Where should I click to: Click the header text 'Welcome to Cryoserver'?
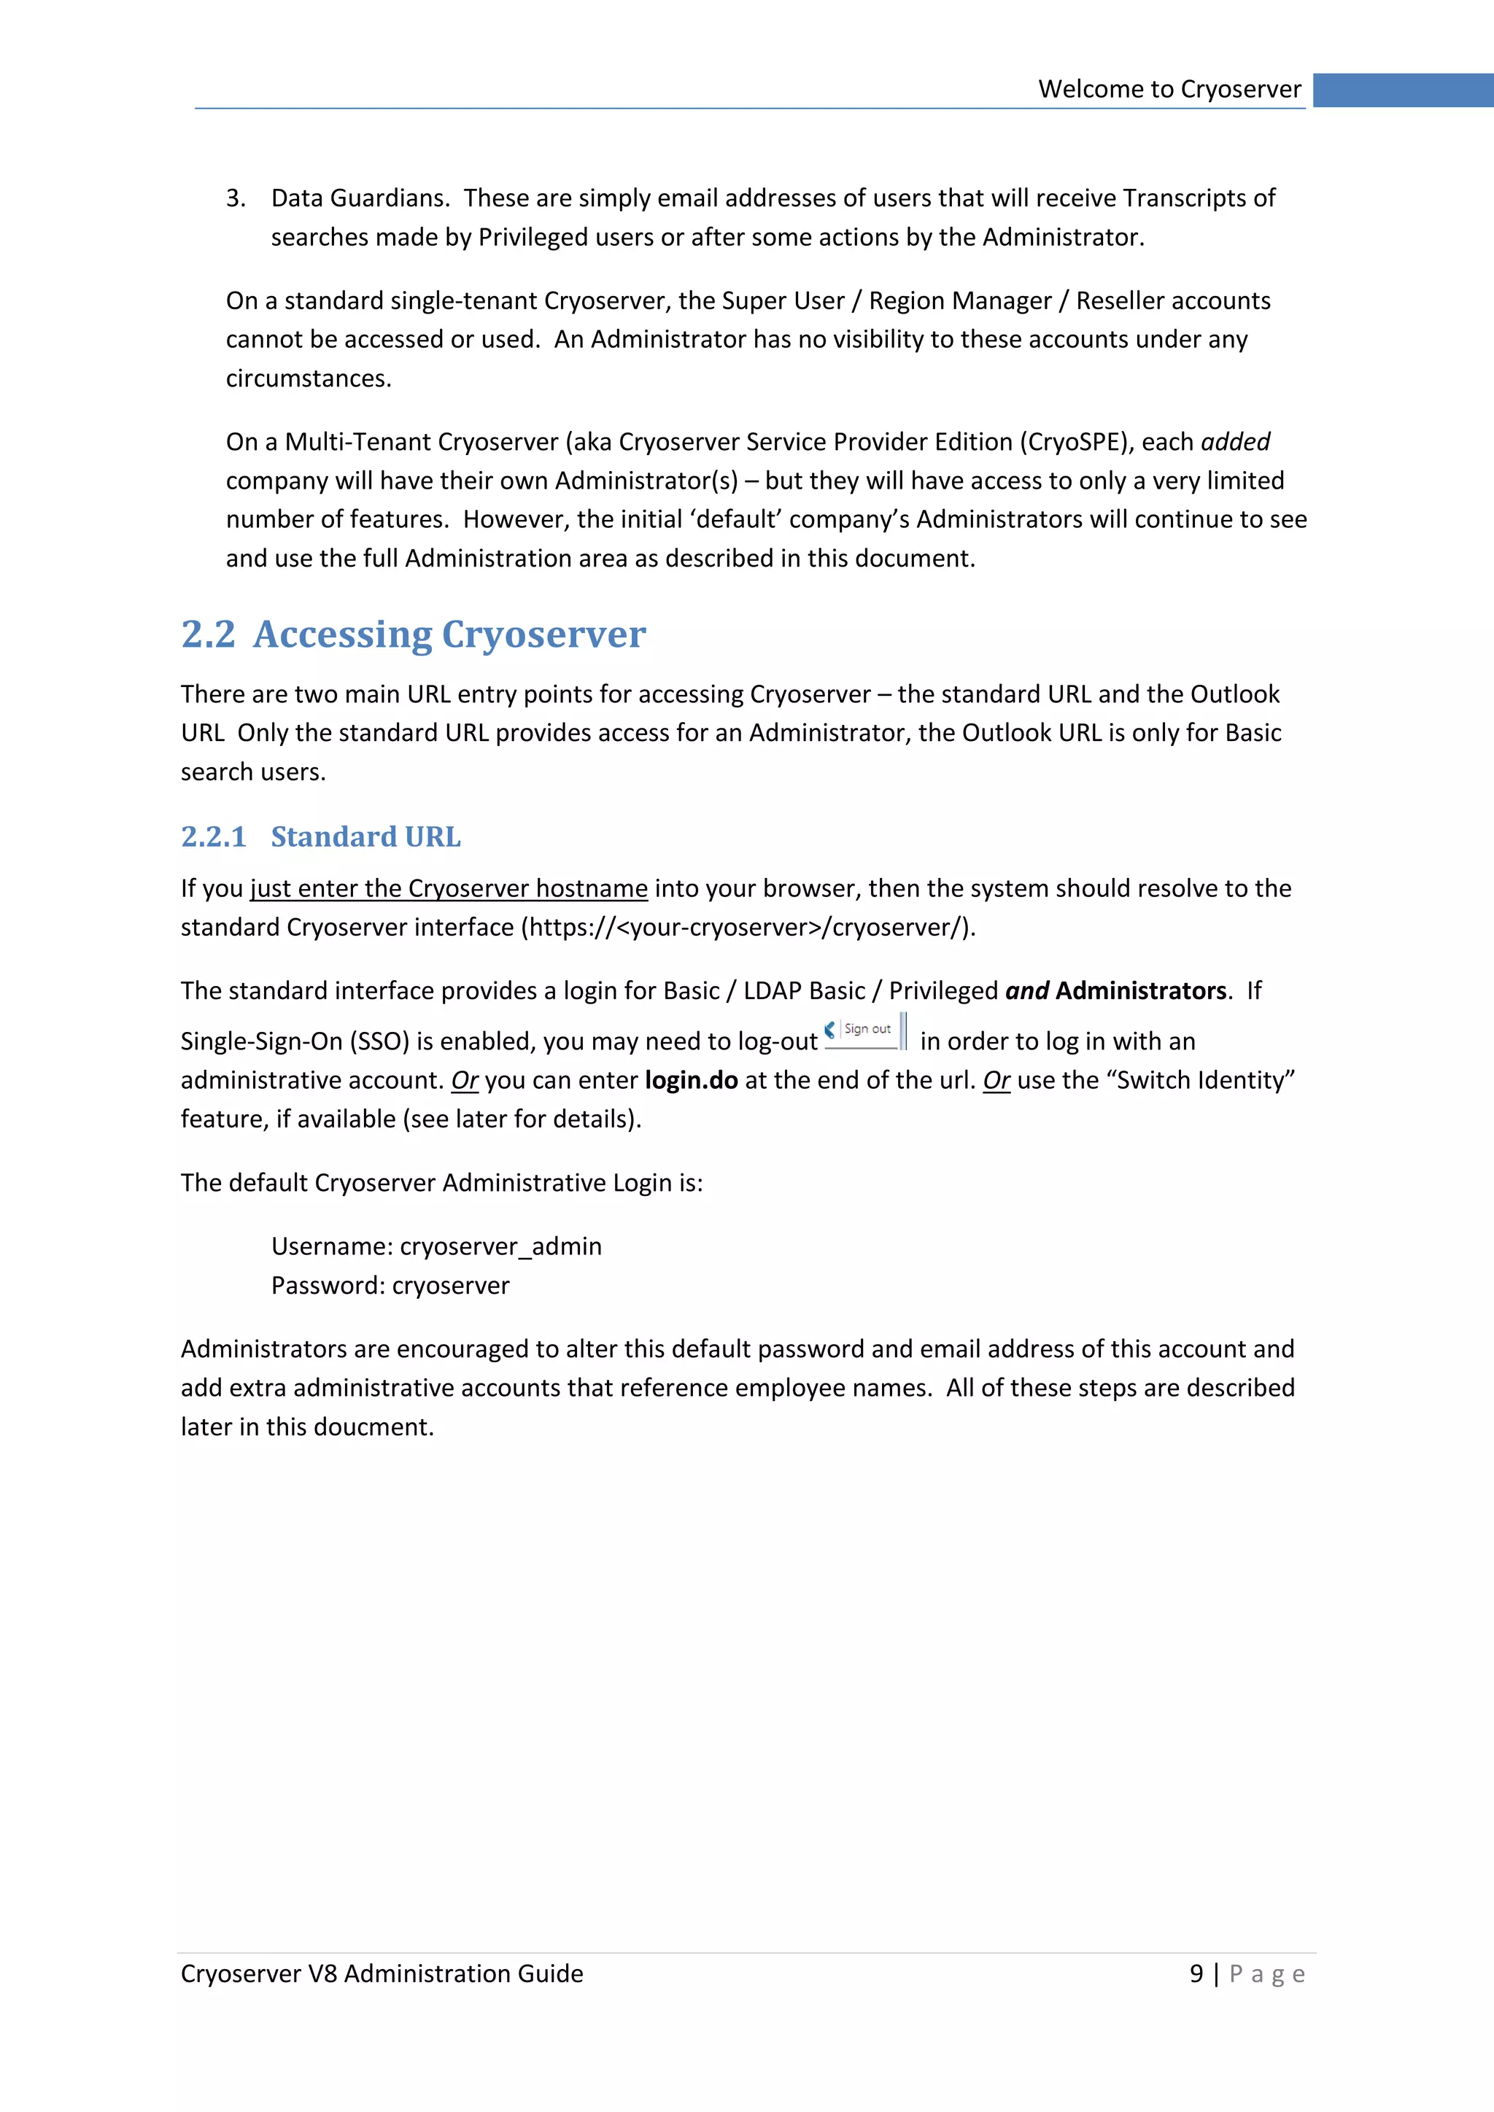click(1169, 89)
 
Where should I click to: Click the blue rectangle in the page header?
click(1402, 90)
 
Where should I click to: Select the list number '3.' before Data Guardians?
click(236, 198)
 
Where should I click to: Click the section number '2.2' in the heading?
click(208, 634)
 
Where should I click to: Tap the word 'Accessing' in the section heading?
click(342, 634)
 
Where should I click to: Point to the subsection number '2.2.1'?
click(214, 837)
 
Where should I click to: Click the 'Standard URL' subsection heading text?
click(365, 837)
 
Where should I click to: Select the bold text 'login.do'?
click(691, 1080)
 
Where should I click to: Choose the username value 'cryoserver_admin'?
click(500, 1246)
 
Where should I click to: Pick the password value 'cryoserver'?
click(450, 1285)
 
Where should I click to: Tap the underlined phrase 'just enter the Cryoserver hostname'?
click(449, 888)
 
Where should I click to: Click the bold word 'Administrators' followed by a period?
click(1141, 990)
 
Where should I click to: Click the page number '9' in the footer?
click(1196, 1974)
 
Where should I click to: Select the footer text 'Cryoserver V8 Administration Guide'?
click(382, 1974)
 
